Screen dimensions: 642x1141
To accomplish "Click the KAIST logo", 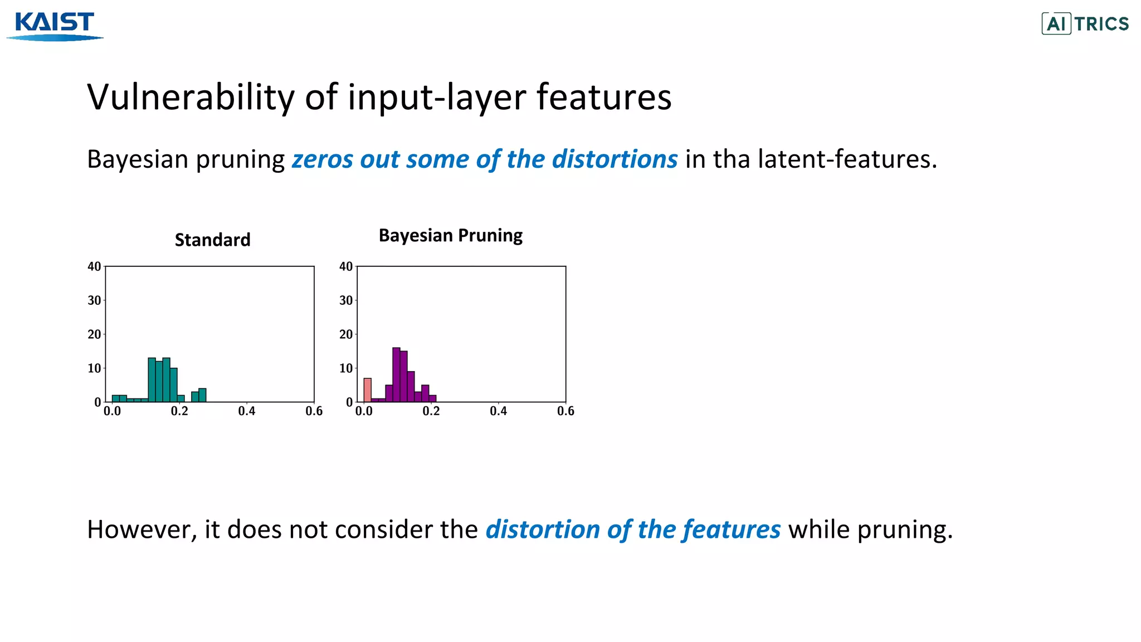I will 55,25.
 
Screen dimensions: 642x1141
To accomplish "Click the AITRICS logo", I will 1085,23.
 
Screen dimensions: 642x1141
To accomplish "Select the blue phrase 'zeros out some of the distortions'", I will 485,159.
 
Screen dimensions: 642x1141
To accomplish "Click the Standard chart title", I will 212,240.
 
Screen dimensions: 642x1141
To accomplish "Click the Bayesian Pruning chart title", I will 450,235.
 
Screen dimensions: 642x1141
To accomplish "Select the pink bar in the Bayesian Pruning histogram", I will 367,390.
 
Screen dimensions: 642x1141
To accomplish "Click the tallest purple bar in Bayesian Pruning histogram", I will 396,374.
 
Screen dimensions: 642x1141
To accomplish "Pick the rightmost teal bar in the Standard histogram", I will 202,395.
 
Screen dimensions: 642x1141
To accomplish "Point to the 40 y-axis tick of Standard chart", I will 94,266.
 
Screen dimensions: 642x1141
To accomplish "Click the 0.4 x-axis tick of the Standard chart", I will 246,411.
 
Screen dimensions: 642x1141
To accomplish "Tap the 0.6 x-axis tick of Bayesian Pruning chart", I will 565,411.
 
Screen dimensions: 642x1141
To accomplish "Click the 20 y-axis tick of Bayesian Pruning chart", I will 346,334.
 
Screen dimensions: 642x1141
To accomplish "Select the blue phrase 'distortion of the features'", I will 633,529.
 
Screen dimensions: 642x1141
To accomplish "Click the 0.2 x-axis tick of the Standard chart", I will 179,411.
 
